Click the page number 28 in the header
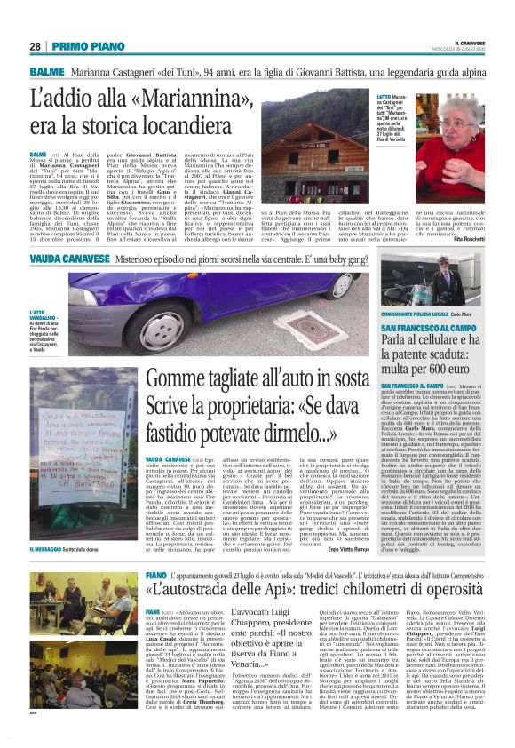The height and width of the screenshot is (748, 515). pyautogui.click(x=36, y=46)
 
